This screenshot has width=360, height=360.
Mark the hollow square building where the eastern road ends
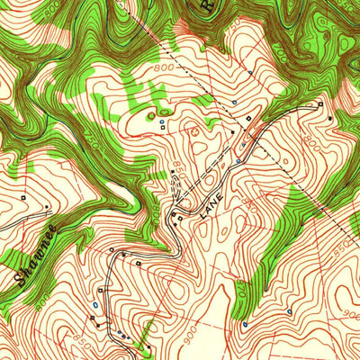[320, 104]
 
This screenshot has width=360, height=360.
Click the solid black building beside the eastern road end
[332, 116]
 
